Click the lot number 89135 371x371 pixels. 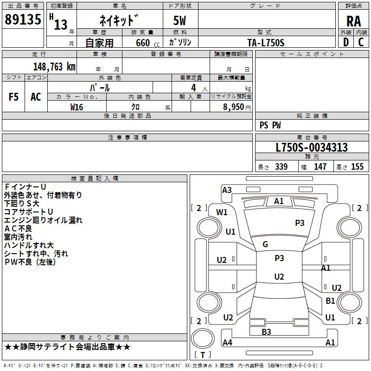(23, 20)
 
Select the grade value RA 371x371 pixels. (353, 21)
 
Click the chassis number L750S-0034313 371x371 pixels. (312, 148)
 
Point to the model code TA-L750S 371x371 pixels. (266, 43)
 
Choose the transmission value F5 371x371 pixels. (13, 97)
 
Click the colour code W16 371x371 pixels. (77, 107)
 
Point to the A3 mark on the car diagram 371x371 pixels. (227, 190)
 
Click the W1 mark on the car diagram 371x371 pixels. (222, 212)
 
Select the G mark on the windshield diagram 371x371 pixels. (265, 244)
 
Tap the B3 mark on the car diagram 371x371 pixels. (266, 332)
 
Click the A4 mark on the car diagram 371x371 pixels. (227, 343)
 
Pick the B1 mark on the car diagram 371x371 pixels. (330, 301)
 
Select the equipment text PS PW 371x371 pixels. (270, 125)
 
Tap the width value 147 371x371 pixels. (320, 167)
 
